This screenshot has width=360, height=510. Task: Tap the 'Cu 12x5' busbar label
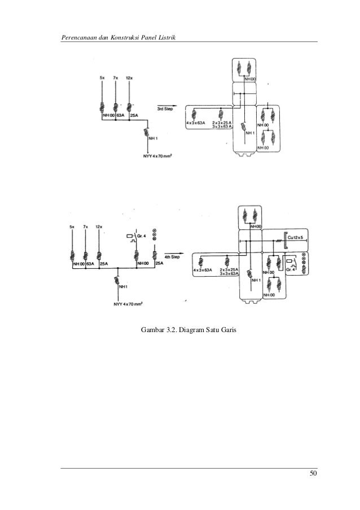(296, 238)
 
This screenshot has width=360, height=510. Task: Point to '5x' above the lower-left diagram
(72, 226)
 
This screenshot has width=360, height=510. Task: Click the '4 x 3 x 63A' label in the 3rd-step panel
(195, 122)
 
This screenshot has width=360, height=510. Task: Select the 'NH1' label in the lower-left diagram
(124, 287)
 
